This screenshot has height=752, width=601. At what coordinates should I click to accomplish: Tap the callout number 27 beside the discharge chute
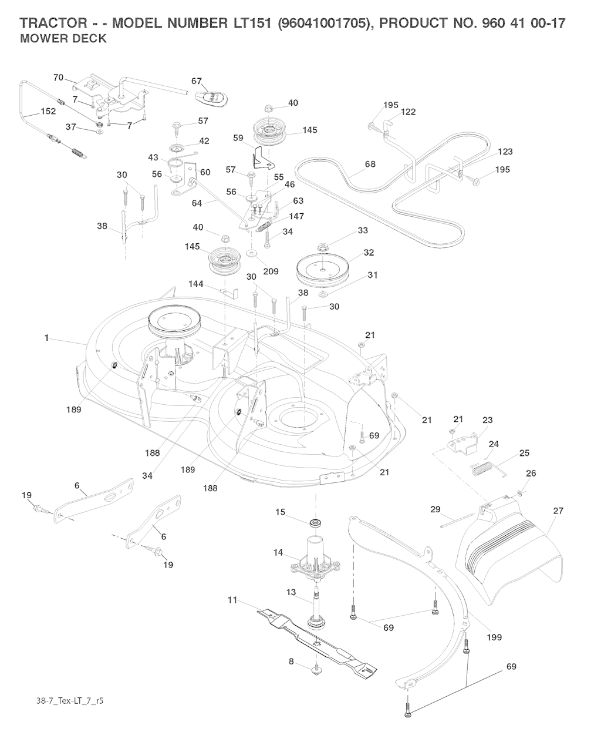(x=558, y=511)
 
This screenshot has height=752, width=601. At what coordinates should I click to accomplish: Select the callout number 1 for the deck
(x=46, y=338)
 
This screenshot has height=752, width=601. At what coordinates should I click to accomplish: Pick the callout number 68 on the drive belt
(x=370, y=164)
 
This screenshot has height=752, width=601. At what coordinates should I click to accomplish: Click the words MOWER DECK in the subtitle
(x=63, y=39)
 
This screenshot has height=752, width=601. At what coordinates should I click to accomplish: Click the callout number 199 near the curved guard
(x=494, y=637)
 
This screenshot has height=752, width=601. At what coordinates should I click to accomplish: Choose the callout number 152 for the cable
(x=48, y=112)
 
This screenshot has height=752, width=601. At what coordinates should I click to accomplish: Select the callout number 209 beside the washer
(x=271, y=271)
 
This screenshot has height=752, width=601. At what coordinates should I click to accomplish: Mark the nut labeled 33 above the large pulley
(x=322, y=244)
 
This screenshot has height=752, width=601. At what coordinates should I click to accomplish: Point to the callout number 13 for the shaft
(x=291, y=592)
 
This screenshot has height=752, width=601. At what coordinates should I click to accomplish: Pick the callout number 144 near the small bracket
(x=196, y=284)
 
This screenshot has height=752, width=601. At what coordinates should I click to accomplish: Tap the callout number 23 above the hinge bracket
(x=488, y=420)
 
